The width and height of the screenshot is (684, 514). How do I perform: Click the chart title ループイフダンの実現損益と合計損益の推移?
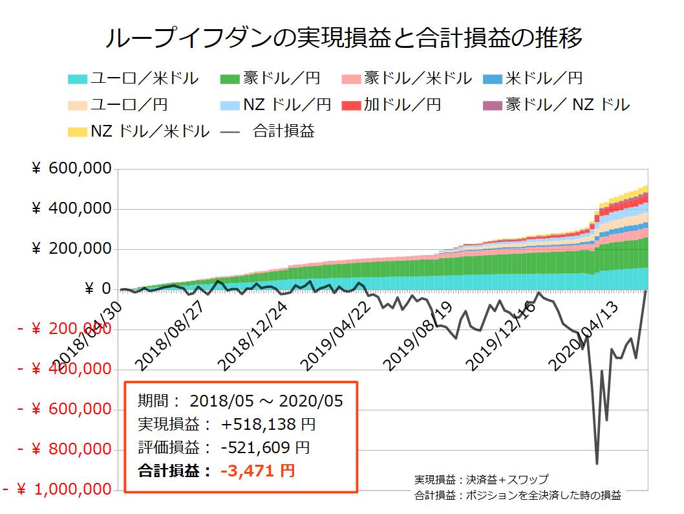(343, 38)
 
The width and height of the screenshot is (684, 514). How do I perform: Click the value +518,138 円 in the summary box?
(268, 425)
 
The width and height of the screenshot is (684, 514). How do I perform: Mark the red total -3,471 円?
(257, 471)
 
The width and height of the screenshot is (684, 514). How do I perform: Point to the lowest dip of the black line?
(597, 463)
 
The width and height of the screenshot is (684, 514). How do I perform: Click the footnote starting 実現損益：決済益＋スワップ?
(481, 480)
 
